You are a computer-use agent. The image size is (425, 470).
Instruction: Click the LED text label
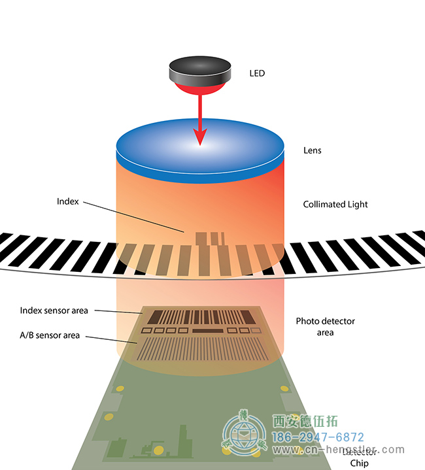pos(257,73)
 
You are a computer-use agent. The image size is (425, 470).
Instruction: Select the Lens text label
pos(312,150)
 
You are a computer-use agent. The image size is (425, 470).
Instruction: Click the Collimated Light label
pos(335,205)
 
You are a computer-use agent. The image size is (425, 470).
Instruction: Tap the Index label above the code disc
pos(67,202)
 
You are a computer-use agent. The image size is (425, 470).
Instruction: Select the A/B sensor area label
pos(50,335)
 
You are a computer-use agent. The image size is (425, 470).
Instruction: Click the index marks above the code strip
pos(209,238)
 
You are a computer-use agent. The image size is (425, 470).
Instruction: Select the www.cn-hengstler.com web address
pos(338,450)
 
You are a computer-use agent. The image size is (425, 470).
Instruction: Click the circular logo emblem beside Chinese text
pos(245,434)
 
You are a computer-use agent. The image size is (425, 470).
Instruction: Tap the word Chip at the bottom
pos(360,463)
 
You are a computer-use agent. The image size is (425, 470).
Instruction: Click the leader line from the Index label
pos(134,217)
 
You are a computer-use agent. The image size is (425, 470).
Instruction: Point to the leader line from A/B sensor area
pos(111,339)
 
